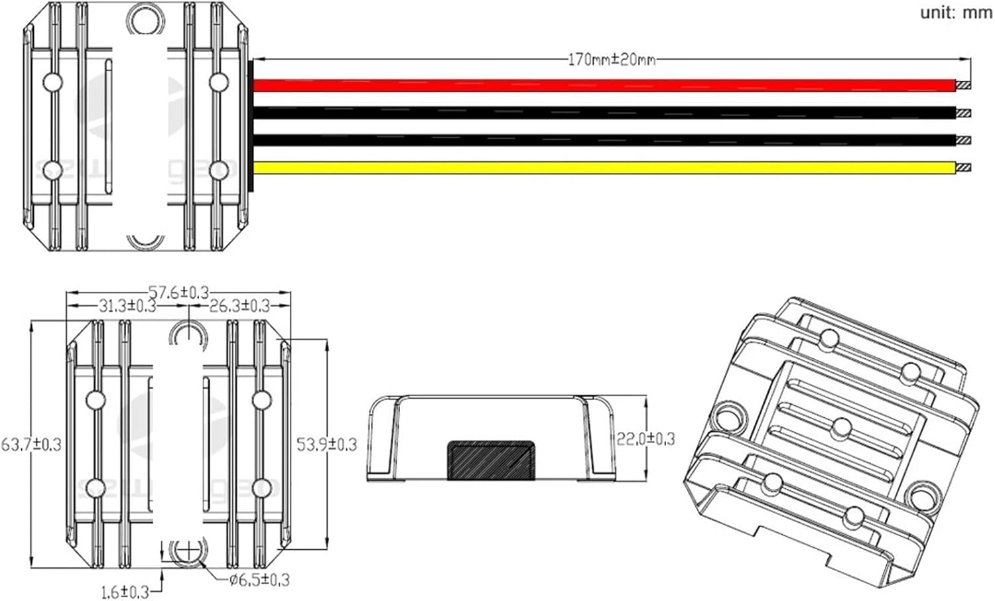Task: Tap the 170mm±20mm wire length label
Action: pyautogui.click(x=612, y=60)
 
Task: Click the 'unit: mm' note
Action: pyautogui.click(x=956, y=13)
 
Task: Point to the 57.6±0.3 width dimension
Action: pyautogui.click(x=178, y=292)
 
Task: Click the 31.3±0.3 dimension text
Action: pyautogui.click(x=127, y=306)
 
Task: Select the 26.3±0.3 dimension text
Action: pyautogui.click(x=239, y=306)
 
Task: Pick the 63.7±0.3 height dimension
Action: pyautogui.click(x=31, y=444)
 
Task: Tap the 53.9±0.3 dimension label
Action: pyautogui.click(x=326, y=444)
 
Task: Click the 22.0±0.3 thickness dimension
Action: pyautogui.click(x=645, y=438)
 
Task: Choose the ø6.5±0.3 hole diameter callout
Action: pyautogui.click(x=259, y=580)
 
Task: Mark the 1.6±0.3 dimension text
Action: pyautogui.click(x=125, y=591)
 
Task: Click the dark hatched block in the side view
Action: pyautogui.click(x=491, y=460)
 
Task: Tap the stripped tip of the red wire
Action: pyautogui.click(x=964, y=86)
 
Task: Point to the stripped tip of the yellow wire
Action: pyautogui.click(x=964, y=168)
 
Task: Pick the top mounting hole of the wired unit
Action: pyautogui.click(x=147, y=18)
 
